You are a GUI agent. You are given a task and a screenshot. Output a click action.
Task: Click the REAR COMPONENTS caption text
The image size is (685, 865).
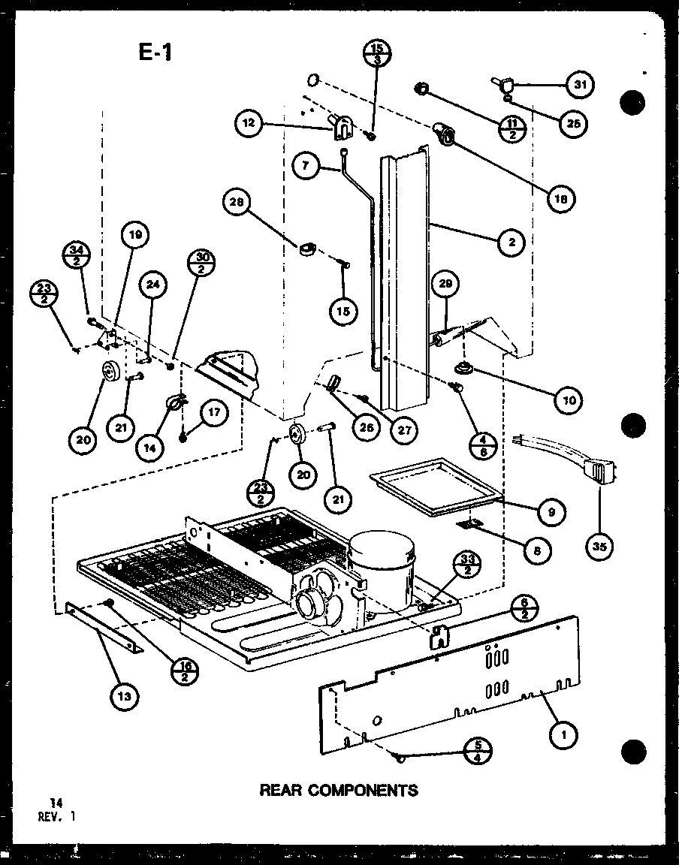pyautogui.click(x=338, y=790)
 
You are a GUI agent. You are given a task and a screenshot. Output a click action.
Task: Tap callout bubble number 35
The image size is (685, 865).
pyautogui.click(x=599, y=547)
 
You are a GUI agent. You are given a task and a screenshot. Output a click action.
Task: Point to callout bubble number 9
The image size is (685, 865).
pyautogui.click(x=552, y=513)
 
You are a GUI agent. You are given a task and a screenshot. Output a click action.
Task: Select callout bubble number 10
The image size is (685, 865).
pyautogui.click(x=569, y=399)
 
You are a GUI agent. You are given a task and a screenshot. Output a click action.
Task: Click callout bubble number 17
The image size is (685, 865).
pyautogui.click(x=214, y=411)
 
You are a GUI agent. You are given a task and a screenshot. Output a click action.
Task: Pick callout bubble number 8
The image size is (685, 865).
pyautogui.click(x=537, y=550)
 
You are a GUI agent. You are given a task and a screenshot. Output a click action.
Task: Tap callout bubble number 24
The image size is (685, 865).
pyautogui.click(x=154, y=285)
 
